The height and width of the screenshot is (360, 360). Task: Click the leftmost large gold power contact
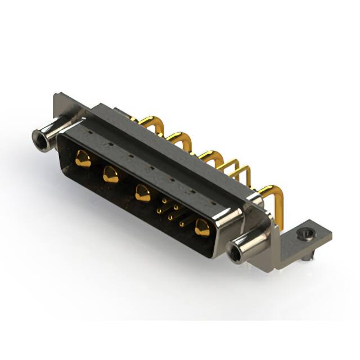coord(83,160)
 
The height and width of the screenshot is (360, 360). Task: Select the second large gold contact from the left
coord(110,175)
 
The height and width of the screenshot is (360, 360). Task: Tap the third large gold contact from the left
coord(143,194)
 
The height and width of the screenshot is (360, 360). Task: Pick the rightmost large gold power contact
coord(201,228)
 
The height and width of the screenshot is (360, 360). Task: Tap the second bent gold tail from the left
coord(179,137)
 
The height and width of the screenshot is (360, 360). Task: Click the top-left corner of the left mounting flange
coord(56,95)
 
